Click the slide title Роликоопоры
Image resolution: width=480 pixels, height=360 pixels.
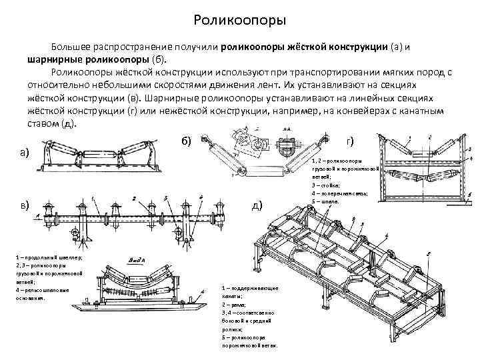point(239,20)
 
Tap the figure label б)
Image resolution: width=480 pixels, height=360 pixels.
point(186,139)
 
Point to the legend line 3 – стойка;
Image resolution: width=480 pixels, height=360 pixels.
point(325,185)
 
